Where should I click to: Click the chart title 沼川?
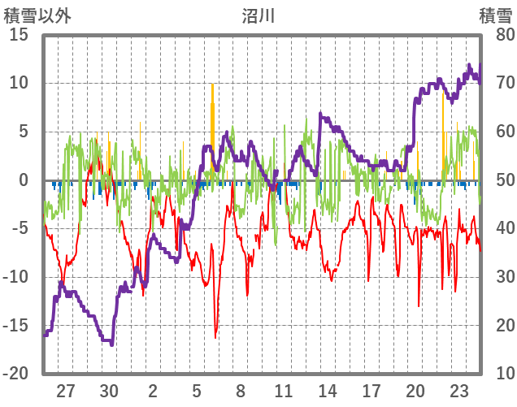click(258, 15)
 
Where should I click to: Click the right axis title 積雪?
click(494, 15)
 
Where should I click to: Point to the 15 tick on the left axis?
click(19, 35)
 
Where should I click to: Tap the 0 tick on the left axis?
click(24, 180)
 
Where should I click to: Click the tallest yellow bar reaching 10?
click(212, 84)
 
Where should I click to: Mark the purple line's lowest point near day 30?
click(111, 344)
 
